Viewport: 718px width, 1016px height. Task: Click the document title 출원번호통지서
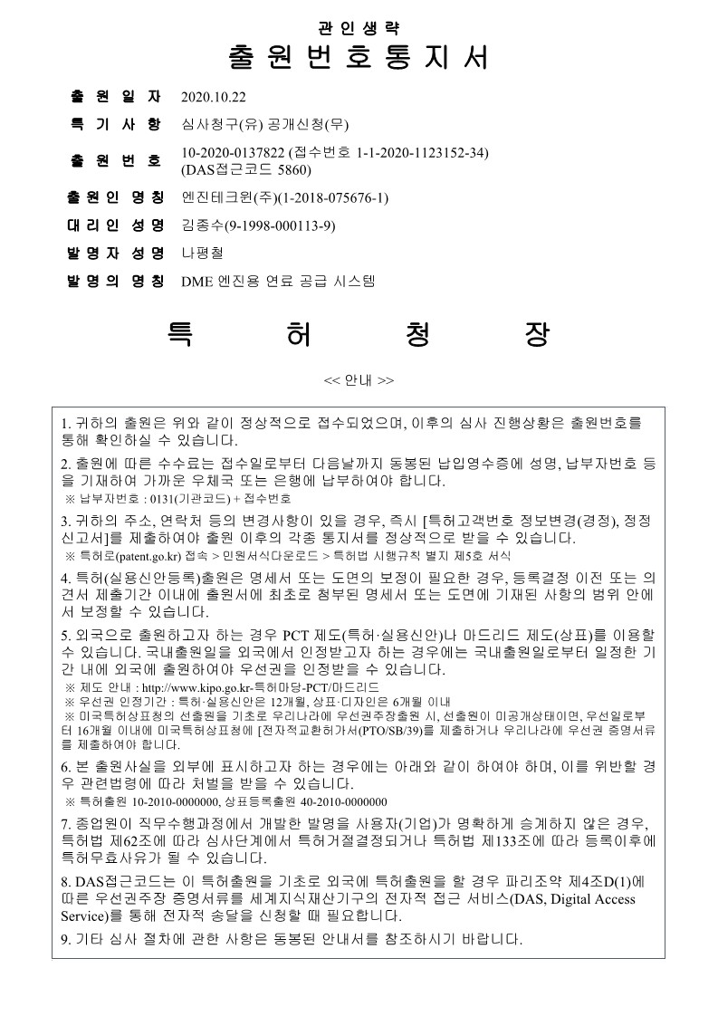(359, 57)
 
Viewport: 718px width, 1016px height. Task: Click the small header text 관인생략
(359, 26)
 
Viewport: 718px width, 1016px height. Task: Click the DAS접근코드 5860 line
(246, 168)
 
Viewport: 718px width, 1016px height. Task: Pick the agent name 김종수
(200, 225)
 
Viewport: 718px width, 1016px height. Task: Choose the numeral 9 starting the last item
(64, 938)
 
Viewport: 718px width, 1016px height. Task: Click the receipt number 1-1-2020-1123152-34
(422, 152)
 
